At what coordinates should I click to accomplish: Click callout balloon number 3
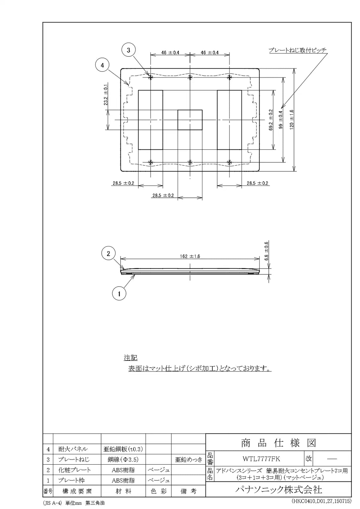point(128,50)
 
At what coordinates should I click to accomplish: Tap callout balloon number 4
point(102,65)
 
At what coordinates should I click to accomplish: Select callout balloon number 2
point(108,253)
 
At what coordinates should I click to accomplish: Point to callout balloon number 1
point(119,294)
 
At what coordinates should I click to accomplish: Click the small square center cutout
point(190,120)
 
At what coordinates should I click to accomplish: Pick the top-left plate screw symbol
point(150,78)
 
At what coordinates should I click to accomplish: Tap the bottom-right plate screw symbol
point(229,162)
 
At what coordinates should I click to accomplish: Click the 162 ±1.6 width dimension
point(190,256)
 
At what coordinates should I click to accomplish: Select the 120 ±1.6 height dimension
point(292,120)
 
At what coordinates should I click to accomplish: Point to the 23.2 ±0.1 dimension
point(106,97)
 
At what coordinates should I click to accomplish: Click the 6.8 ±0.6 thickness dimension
point(266,251)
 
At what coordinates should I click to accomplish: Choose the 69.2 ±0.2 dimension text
point(271,120)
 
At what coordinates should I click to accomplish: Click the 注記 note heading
point(130,358)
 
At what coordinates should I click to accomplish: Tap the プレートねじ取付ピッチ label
point(298,50)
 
